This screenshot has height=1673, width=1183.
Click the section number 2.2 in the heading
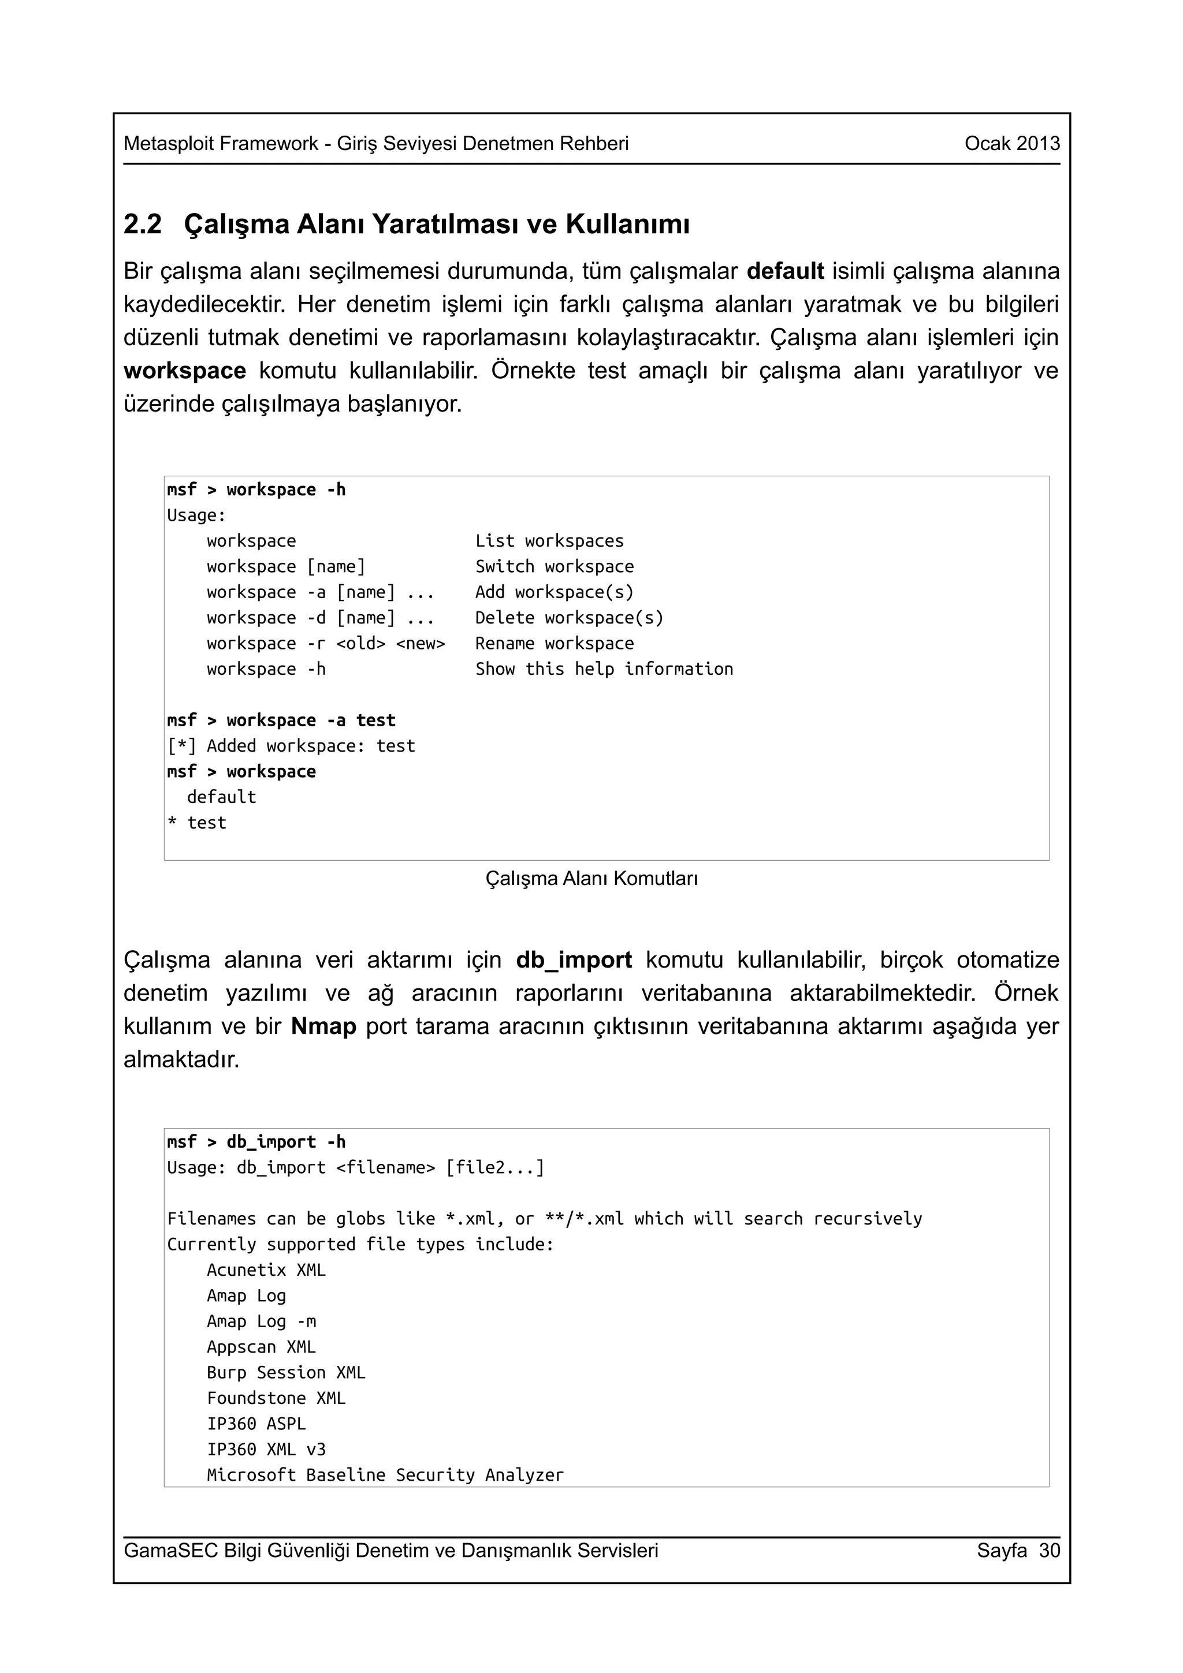142,225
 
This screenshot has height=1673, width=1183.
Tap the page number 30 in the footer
1050,1550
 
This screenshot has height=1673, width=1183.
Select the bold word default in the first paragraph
785,271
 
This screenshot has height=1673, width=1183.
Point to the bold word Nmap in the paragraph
323,1026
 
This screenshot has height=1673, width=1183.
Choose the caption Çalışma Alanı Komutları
591,878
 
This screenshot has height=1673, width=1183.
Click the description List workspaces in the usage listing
549,541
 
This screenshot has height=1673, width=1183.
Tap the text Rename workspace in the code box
554,644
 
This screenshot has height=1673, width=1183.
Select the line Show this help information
604,669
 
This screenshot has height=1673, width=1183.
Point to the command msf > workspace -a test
281,720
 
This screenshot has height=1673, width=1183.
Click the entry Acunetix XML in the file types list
266,1270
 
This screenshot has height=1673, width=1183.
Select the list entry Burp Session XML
286,1373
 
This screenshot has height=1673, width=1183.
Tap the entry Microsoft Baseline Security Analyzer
385,1475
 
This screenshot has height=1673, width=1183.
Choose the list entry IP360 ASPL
256,1424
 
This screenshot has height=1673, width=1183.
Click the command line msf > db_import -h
256,1142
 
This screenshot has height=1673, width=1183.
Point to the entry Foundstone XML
276,1398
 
